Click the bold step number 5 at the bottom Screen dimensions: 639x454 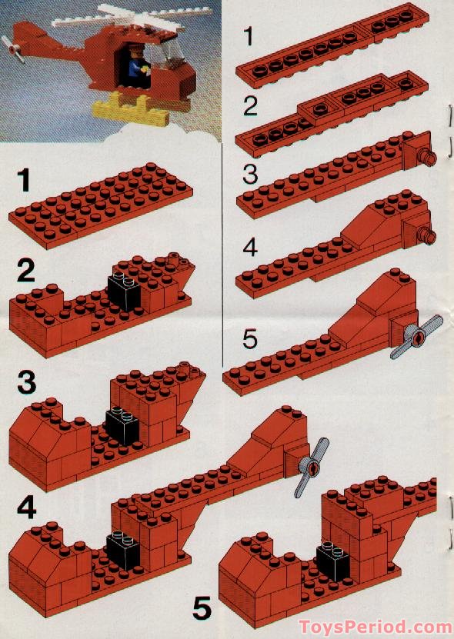click(202, 609)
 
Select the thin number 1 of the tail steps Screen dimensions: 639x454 click(248, 36)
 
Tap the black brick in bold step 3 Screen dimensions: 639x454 click(119, 424)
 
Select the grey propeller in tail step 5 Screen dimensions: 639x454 click(417, 337)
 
